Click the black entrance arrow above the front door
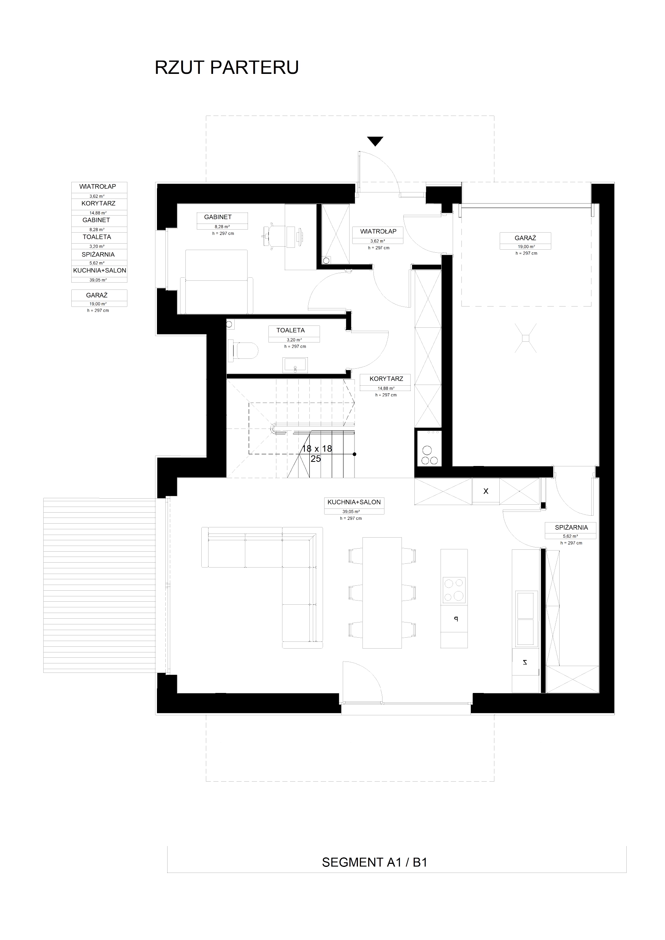coord(375,141)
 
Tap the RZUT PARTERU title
coord(227,67)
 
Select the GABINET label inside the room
coord(218,217)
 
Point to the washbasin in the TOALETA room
coord(295,365)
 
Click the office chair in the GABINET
coord(271,235)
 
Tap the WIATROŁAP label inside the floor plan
coord(378,231)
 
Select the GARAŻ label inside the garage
coord(525,238)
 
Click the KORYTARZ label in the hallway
coord(386,379)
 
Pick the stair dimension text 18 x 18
coord(317,449)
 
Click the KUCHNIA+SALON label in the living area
coord(354,502)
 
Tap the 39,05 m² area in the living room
coord(351,512)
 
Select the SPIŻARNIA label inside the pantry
coord(571,527)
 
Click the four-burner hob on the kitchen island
coord(454,590)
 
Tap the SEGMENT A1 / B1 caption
coord(375,862)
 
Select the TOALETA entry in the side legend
coord(97,237)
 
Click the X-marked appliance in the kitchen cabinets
coord(486,491)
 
